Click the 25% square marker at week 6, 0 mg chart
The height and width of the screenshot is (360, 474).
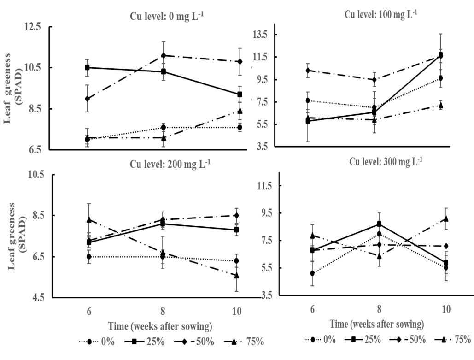point(87,67)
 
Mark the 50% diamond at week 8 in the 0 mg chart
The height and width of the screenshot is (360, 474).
point(164,56)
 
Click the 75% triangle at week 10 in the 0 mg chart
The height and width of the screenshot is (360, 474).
point(240,111)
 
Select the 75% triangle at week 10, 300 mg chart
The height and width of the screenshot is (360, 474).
point(446,219)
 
